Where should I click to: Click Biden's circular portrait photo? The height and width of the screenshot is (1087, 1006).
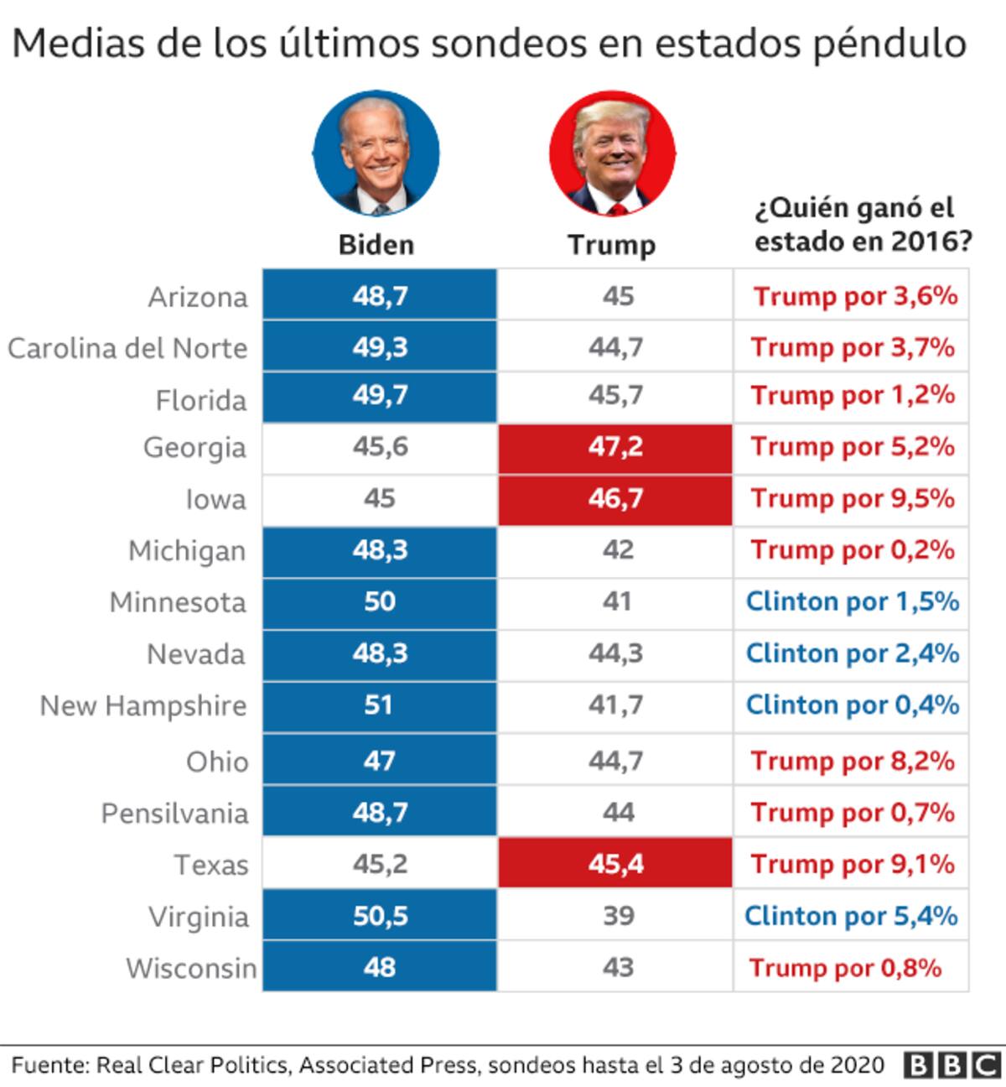point(376,154)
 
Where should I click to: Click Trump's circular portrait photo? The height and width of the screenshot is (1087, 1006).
point(613,154)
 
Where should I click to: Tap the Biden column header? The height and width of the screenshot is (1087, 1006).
point(376,245)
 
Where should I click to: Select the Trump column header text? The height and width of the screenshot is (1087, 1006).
point(611,245)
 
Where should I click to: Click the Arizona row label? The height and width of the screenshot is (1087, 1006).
point(198,297)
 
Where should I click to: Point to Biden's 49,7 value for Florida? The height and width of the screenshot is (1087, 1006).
point(380,395)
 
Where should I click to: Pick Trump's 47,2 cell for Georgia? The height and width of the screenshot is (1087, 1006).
point(615,447)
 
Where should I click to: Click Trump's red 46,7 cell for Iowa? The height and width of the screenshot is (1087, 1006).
point(615,499)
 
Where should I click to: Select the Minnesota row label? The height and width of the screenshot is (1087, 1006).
point(178,602)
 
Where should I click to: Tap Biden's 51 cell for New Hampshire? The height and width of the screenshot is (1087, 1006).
point(379,705)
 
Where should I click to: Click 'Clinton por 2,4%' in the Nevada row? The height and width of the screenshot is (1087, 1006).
point(852,653)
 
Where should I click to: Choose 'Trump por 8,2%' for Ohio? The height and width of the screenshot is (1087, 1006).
point(852,761)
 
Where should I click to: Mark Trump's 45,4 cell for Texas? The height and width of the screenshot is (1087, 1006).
point(615,864)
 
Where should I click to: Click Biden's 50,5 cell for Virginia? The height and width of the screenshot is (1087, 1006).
point(380,916)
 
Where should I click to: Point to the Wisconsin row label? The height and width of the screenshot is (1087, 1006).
point(191,968)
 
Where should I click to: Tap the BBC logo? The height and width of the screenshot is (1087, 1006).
point(954,1065)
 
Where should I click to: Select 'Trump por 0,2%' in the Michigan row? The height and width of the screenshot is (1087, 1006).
point(852,550)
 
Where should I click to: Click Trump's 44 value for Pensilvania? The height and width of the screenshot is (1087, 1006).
point(618,813)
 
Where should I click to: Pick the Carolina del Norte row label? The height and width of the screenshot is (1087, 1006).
point(127,348)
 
